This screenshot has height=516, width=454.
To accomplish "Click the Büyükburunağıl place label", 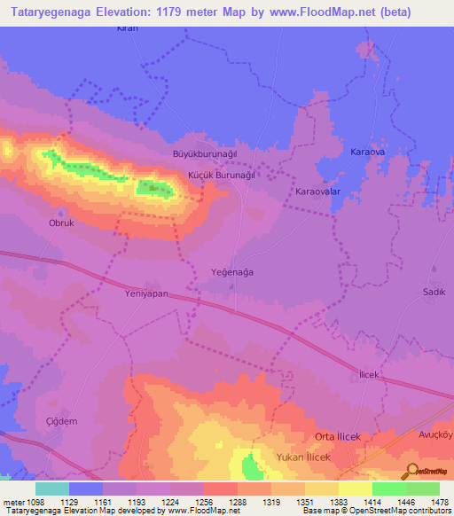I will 206,153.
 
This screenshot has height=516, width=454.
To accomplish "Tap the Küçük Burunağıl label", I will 221,176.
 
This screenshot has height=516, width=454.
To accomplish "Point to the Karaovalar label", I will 318,192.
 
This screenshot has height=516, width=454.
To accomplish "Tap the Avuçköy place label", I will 434,434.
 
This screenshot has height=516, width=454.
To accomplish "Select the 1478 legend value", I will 440,499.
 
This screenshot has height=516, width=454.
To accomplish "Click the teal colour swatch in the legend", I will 52,488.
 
